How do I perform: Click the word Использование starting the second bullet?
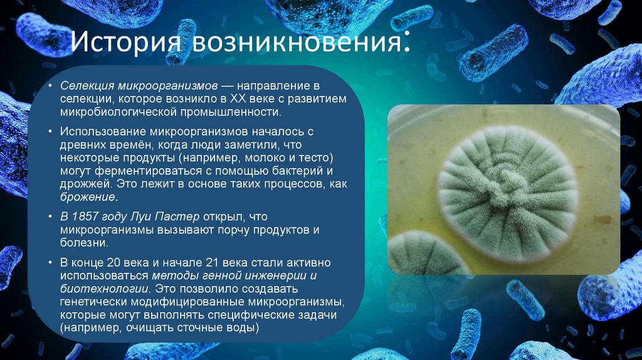pyautogui.click(x=103, y=131)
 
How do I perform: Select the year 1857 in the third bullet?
pyautogui.click(x=85, y=216)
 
